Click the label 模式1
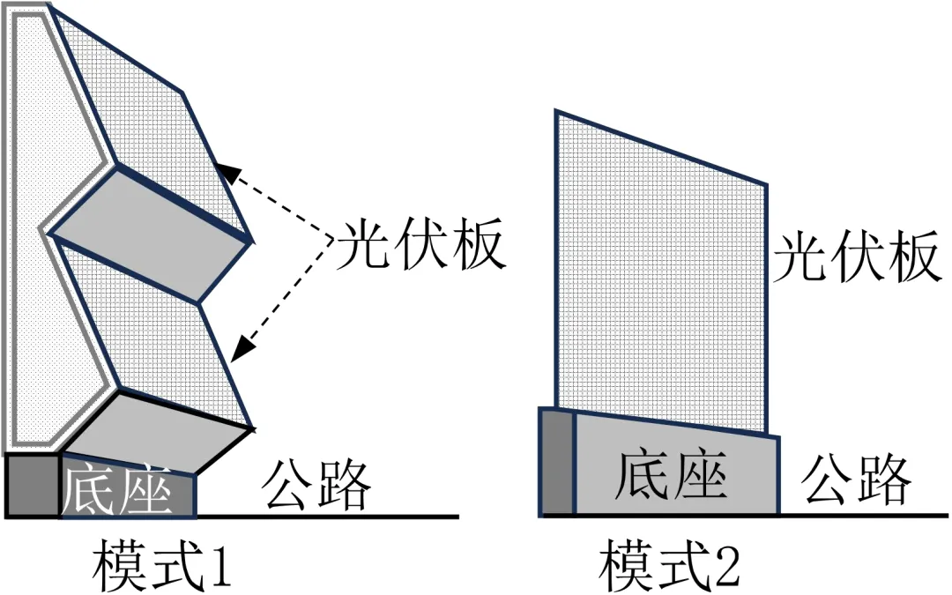161,567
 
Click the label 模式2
670,567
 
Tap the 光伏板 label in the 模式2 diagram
853,257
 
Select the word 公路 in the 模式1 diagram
315,483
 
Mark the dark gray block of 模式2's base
556,463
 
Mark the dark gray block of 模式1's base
33,486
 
